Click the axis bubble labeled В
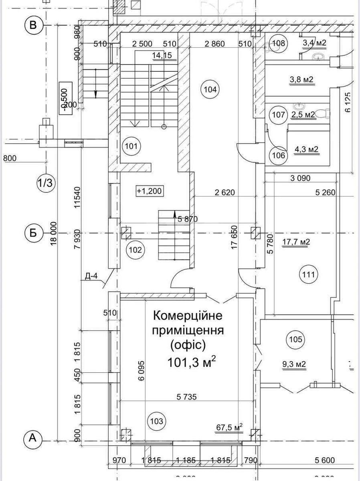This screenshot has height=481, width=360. (33, 25)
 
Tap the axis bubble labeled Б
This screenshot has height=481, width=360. (33, 233)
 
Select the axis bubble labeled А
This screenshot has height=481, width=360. (33, 440)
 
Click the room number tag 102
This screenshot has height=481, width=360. (135, 250)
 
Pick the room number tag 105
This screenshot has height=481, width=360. (295, 340)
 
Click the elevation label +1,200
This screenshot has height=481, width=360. (149, 191)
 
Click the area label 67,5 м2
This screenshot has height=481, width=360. (230, 428)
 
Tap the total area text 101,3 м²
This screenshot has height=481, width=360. (192, 363)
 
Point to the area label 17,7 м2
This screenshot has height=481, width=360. (296, 242)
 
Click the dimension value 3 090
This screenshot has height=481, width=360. (299, 178)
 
